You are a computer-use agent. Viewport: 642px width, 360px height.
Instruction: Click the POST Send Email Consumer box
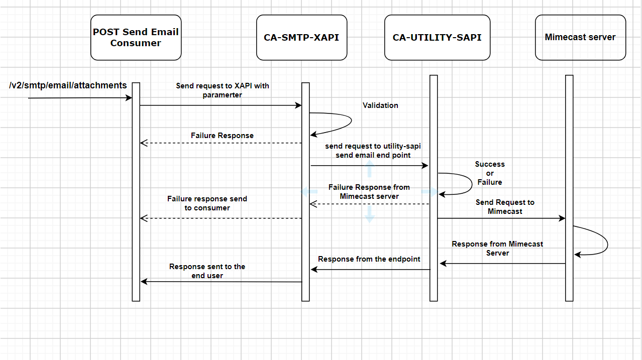point(136,38)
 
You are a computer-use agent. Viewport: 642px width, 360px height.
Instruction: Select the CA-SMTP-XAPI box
point(301,38)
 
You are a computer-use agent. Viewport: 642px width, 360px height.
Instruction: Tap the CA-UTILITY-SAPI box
point(437,38)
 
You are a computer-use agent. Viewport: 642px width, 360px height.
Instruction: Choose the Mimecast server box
point(580,37)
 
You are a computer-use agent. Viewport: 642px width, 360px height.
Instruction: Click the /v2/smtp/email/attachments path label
point(68,85)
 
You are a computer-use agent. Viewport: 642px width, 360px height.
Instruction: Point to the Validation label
point(380,105)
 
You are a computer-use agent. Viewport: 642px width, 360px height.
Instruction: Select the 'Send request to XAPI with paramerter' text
point(222,90)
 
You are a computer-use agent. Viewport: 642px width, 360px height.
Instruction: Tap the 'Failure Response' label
point(222,136)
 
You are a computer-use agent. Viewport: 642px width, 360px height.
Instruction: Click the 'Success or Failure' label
point(490,173)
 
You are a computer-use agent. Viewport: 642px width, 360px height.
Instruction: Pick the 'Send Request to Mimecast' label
point(505,207)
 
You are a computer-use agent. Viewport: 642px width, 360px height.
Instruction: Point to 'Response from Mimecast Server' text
point(497,249)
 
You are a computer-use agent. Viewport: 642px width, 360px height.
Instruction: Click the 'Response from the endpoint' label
point(369,259)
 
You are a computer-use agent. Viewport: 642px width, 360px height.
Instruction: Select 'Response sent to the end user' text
point(207,271)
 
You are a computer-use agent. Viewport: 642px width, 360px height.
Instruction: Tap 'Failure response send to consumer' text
point(207,203)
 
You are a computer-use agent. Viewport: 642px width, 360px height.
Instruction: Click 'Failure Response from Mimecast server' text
point(369,191)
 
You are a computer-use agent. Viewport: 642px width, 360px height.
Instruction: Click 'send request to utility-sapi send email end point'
point(373,151)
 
